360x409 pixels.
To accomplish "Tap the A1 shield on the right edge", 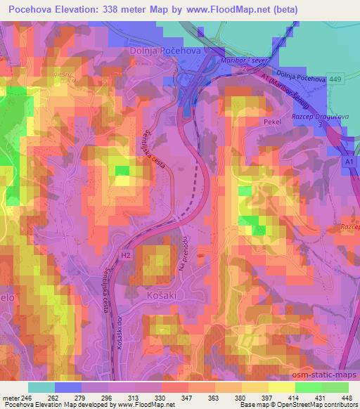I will (x=349, y=162).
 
